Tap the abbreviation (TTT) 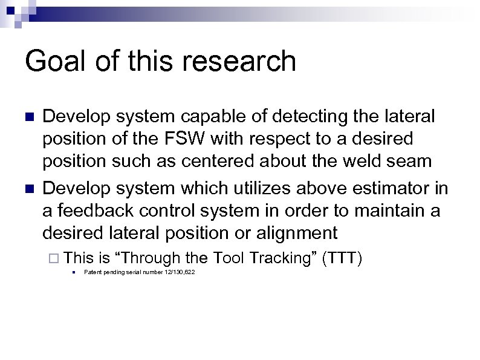(x=343, y=258)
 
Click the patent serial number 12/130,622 (x=178, y=273)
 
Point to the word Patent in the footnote (x=92, y=273)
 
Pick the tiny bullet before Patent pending (x=73, y=273)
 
